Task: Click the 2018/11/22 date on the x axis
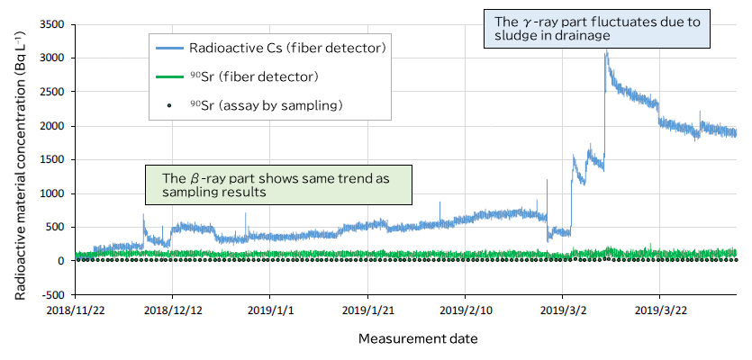point(75,310)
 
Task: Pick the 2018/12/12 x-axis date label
point(172,310)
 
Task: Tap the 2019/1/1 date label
point(269,310)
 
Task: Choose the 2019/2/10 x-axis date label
point(465,310)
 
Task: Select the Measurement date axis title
point(418,339)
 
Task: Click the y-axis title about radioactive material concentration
point(20,159)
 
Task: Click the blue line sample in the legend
point(168,47)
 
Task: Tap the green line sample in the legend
point(168,76)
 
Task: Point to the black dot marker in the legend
point(168,106)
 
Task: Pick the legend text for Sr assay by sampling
point(267,106)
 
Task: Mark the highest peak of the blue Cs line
point(607,52)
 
